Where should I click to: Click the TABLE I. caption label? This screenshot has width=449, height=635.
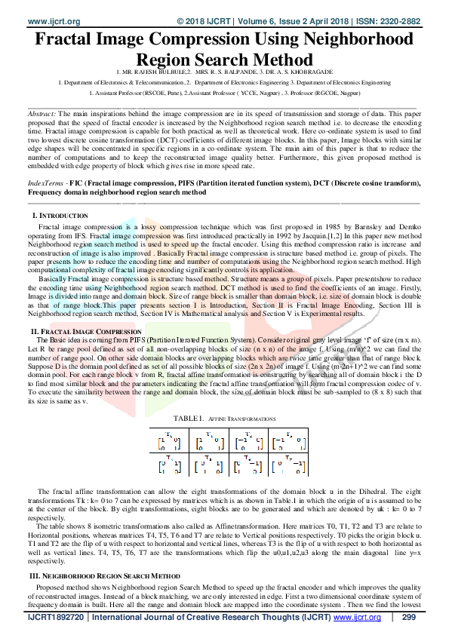tap(189, 417)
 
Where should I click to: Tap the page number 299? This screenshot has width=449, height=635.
tap(410, 617)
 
